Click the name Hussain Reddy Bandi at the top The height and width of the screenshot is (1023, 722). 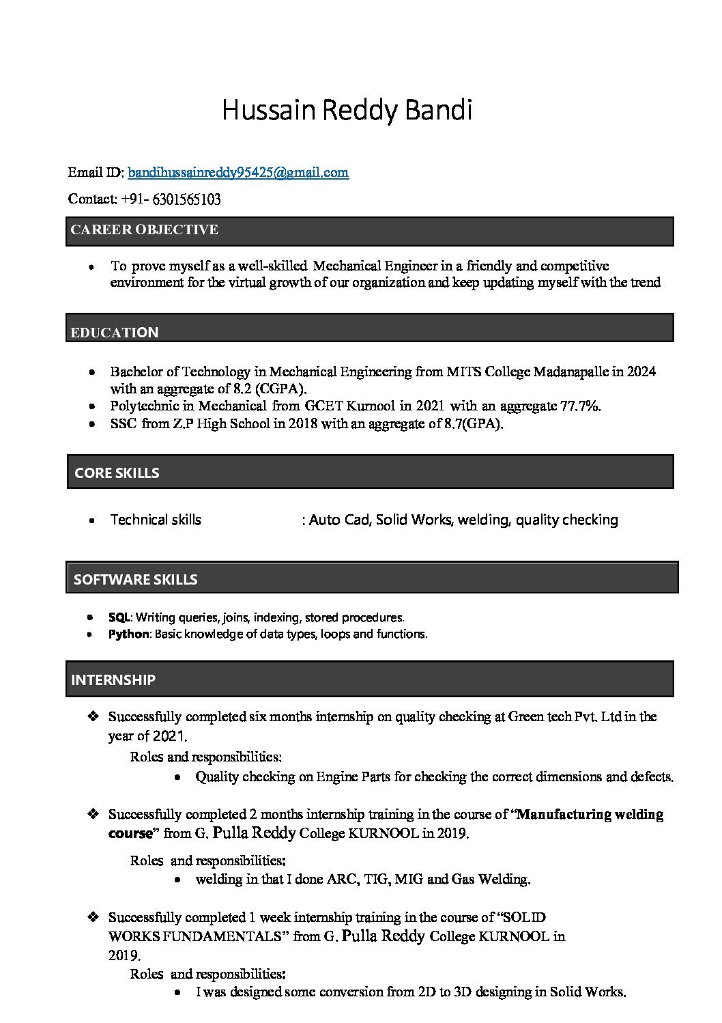coord(347,110)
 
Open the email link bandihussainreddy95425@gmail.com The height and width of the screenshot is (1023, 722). coord(238,172)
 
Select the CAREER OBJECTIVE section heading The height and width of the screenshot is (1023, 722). coord(144,229)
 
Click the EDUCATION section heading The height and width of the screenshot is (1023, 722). coord(115,333)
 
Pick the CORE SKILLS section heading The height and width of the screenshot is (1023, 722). coord(117,473)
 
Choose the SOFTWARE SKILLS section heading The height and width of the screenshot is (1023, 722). coord(135,580)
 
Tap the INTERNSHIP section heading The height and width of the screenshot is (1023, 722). coord(113,679)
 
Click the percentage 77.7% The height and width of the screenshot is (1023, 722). coord(579,406)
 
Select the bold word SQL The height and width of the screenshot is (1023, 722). coord(119,617)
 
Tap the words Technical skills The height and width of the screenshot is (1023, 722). coord(156,520)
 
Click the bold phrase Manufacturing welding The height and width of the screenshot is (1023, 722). coord(590,814)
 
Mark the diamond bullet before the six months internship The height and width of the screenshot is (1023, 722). coord(93,716)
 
